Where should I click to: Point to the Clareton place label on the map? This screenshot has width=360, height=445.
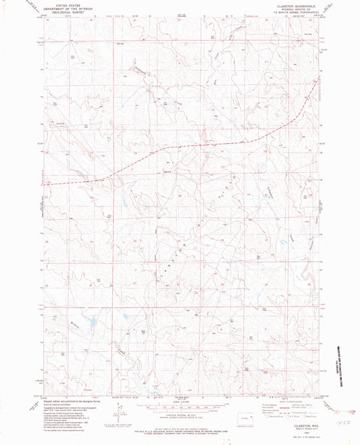click(x=165, y=171)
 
